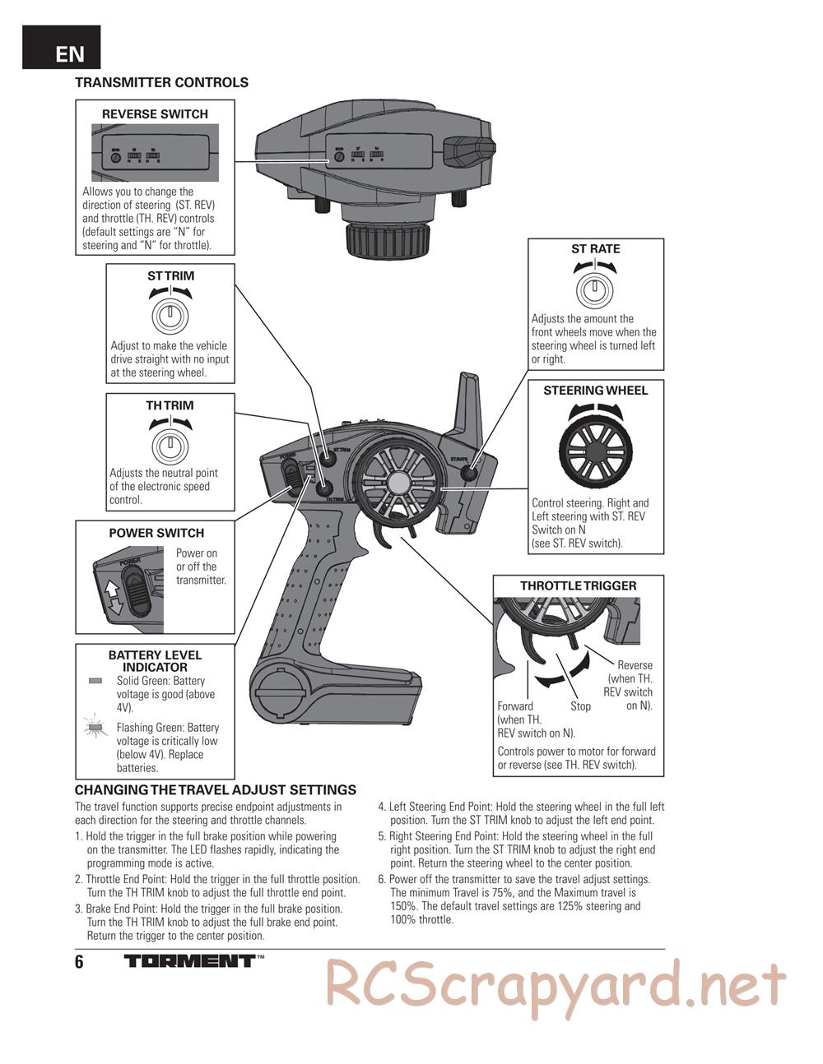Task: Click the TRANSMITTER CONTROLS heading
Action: pos(161,82)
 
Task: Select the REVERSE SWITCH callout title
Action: pos(155,114)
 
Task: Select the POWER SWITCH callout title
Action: pos(156,533)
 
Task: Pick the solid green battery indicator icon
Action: pos(95,681)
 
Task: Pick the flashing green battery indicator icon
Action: pos(96,728)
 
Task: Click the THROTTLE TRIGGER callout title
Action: pos(578,585)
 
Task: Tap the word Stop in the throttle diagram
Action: pos(580,706)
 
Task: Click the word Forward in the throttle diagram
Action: pos(515,706)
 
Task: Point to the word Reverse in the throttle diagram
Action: pos(635,665)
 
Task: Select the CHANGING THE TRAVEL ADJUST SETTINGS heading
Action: pos(216,790)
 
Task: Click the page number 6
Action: pos(79,963)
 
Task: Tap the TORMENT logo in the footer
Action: pos(190,960)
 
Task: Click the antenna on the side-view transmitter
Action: pos(465,407)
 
